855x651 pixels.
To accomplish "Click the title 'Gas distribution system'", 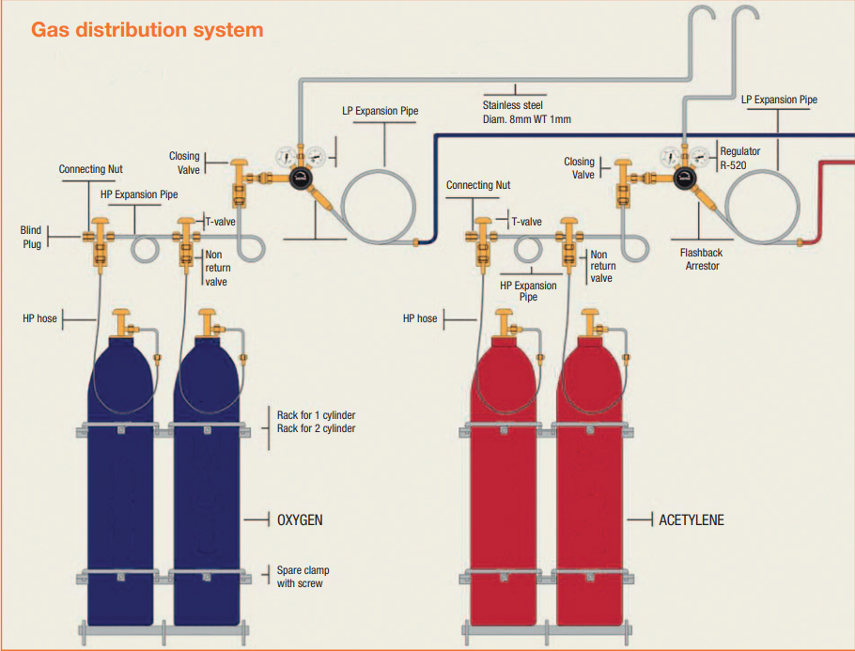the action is coord(148,30).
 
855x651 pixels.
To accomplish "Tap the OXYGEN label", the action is coord(300,520).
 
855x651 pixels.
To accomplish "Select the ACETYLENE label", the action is coord(692,520).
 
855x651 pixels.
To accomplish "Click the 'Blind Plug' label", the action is coord(31,237).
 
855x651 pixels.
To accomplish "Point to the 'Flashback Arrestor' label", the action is coord(701,259).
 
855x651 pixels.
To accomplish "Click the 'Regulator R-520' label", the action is coord(740,158).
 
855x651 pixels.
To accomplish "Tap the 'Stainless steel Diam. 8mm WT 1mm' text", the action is coord(527,113).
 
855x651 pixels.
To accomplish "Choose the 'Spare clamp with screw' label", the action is coord(303,577).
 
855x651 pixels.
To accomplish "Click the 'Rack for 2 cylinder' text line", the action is coord(316,428).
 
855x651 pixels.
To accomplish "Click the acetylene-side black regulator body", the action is coord(684,178).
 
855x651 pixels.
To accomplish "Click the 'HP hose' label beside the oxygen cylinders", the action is coord(39,318).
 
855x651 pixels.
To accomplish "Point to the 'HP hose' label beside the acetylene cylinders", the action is coord(420,318).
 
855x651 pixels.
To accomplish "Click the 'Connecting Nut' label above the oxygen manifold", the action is coord(90,170).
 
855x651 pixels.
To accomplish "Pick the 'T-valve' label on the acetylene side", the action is coord(526,222).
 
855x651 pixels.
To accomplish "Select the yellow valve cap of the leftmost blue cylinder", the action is coord(121,313).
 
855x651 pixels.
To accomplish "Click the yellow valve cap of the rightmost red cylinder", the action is coord(591,313).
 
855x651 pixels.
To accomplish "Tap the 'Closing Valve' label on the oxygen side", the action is coord(184,163).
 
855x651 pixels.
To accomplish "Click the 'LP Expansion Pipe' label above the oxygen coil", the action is coord(381,111).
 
